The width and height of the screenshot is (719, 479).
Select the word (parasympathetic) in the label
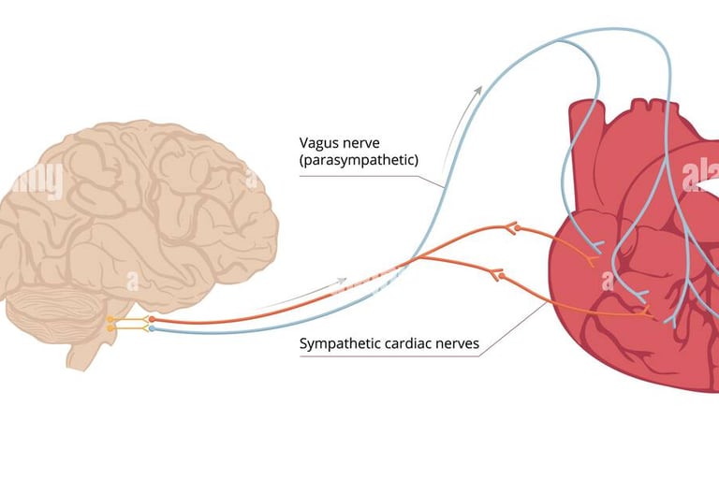coord(359,161)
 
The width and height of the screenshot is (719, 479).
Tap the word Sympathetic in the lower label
coord(340,344)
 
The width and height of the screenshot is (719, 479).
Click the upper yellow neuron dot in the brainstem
coord(111,320)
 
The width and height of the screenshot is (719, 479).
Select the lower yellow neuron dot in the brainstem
coord(111,329)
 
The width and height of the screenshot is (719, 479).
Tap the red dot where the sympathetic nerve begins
coord(152,320)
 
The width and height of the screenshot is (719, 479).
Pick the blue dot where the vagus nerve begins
coord(152,329)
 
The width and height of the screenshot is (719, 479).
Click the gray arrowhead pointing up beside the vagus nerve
coord(479,90)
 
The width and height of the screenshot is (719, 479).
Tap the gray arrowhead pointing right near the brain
coord(344,280)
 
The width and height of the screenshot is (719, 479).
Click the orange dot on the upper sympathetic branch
coord(511,227)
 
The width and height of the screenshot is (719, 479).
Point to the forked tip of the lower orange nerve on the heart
coord(649,312)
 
